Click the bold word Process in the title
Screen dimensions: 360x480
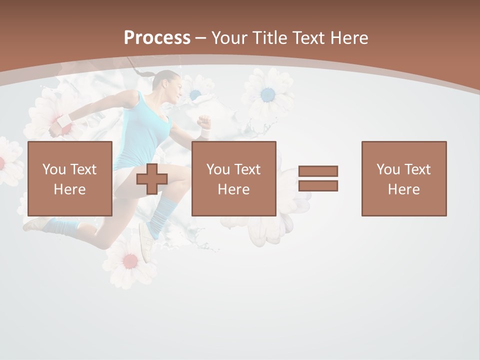pyautogui.click(x=157, y=37)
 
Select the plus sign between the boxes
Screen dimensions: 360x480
pyautogui.click(x=152, y=179)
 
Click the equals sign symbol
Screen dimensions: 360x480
pyautogui.click(x=318, y=178)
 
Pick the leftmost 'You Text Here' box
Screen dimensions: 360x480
pyautogui.click(x=70, y=178)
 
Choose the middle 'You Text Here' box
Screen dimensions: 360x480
pyautogui.click(x=234, y=178)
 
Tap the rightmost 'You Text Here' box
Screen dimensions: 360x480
pyautogui.click(x=404, y=178)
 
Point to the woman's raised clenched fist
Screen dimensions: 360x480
pyautogui.click(x=203, y=121)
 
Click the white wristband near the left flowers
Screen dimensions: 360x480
pyautogui.click(x=64, y=120)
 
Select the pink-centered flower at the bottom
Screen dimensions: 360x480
pyautogui.click(x=129, y=261)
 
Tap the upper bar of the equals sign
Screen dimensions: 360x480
pyautogui.click(x=318, y=171)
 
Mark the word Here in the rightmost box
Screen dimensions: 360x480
pyautogui.click(x=404, y=189)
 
